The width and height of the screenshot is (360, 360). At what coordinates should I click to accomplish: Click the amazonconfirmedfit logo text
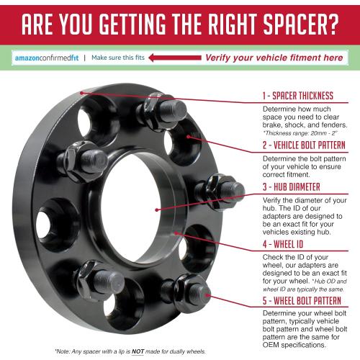[x=47, y=58]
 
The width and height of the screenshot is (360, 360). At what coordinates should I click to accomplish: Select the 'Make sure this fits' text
[x=118, y=58]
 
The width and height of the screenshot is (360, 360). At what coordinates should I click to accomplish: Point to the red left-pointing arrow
[x=175, y=58]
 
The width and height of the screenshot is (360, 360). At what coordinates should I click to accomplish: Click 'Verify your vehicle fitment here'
[x=274, y=58]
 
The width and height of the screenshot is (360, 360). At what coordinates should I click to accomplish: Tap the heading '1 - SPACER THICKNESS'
[x=298, y=96]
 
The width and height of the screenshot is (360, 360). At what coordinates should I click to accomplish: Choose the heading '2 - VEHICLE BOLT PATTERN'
[x=304, y=145]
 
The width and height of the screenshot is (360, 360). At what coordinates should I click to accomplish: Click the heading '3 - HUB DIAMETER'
[x=292, y=186]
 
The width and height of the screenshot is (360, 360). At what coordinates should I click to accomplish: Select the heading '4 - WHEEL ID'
[x=283, y=244]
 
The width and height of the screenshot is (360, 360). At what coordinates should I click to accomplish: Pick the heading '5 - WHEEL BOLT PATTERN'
[x=302, y=300]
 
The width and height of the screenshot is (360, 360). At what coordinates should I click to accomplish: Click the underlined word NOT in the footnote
[x=138, y=351]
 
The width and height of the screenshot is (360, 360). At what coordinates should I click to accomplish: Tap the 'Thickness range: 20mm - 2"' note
[x=300, y=133]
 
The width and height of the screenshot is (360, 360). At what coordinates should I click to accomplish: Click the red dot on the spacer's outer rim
[x=82, y=93]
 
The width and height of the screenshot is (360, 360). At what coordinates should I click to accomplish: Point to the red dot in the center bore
[x=157, y=210]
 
